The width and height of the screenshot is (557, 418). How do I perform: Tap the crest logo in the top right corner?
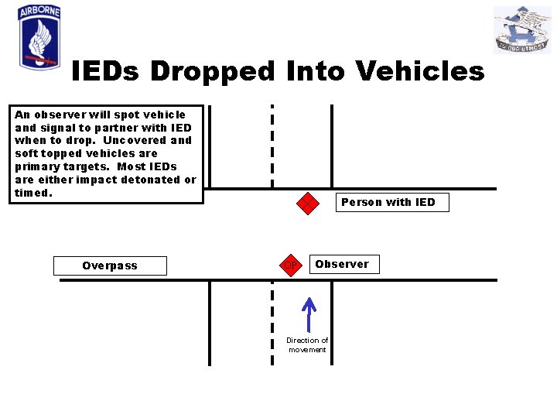[522, 30]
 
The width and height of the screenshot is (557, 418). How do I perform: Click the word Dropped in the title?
[212, 71]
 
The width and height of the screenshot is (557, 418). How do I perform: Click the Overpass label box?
[110, 266]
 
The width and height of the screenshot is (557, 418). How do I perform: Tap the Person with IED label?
[388, 202]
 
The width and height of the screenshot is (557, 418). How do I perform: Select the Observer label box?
[342, 264]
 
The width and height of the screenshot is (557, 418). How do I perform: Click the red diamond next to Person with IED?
[308, 204]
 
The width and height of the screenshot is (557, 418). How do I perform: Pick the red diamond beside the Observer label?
[290, 265]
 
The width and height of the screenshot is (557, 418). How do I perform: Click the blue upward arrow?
[309, 315]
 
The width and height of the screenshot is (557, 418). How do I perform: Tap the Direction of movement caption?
[307, 344]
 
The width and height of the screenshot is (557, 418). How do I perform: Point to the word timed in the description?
[32, 193]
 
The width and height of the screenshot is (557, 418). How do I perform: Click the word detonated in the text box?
[149, 180]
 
